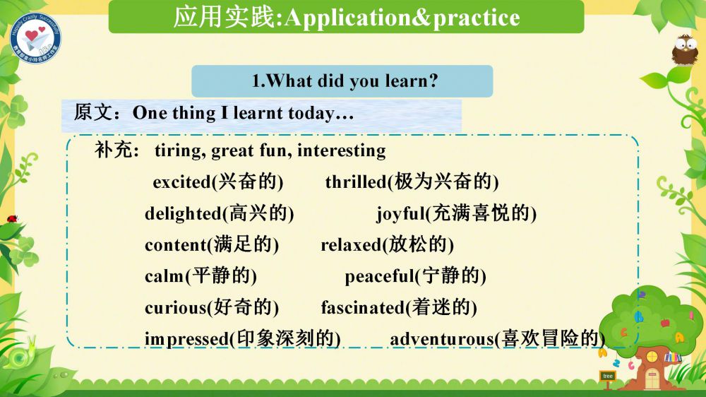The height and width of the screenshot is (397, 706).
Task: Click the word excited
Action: pyautogui.click(x=182, y=182)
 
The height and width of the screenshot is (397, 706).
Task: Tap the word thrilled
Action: pyautogui.click(x=356, y=182)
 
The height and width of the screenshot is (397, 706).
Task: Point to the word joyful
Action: pyautogui.click(x=401, y=213)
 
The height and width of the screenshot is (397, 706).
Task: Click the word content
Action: pyautogui.click(x=176, y=245)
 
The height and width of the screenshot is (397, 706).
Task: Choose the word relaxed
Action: pyautogui.click(x=351, y=245)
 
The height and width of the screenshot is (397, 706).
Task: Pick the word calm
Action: pyautogui.click(x=164, y=276)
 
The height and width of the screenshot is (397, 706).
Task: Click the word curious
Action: pyautogui.click(x=176, y=308)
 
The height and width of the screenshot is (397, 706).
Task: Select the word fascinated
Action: pyautogui.click(x=362, y=308)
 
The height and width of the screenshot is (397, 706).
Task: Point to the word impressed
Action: pyautogui.click(x=187, y=339)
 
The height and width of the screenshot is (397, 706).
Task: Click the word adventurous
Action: pyautogui.click(x=442, y=339)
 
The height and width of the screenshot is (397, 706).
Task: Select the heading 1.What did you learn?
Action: pyautogui.click(x=345, y=81)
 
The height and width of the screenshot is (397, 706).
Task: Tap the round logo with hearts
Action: pyautogui.click(x=35, y=38)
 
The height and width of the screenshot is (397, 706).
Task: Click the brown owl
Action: pyautogui.click(x=684, y=49)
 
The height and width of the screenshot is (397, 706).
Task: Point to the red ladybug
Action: pyautogui.click(x=12, y=219)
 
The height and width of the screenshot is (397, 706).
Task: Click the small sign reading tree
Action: pyautogui.click(x=608, y=376)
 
